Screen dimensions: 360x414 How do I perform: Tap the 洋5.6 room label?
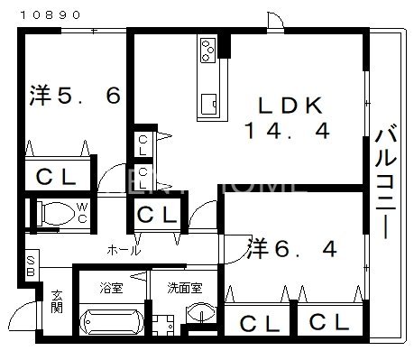tap(75, 95)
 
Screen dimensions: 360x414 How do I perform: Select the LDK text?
tap(286, 105)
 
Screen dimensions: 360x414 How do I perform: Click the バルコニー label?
tap(386, 183)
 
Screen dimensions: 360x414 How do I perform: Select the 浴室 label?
tap(110, 290)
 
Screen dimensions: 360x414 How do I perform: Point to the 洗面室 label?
tap(185, 290)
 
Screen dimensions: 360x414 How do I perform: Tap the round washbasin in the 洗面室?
tap(201, 313)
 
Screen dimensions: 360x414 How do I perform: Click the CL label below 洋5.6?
tap(56, 177)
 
